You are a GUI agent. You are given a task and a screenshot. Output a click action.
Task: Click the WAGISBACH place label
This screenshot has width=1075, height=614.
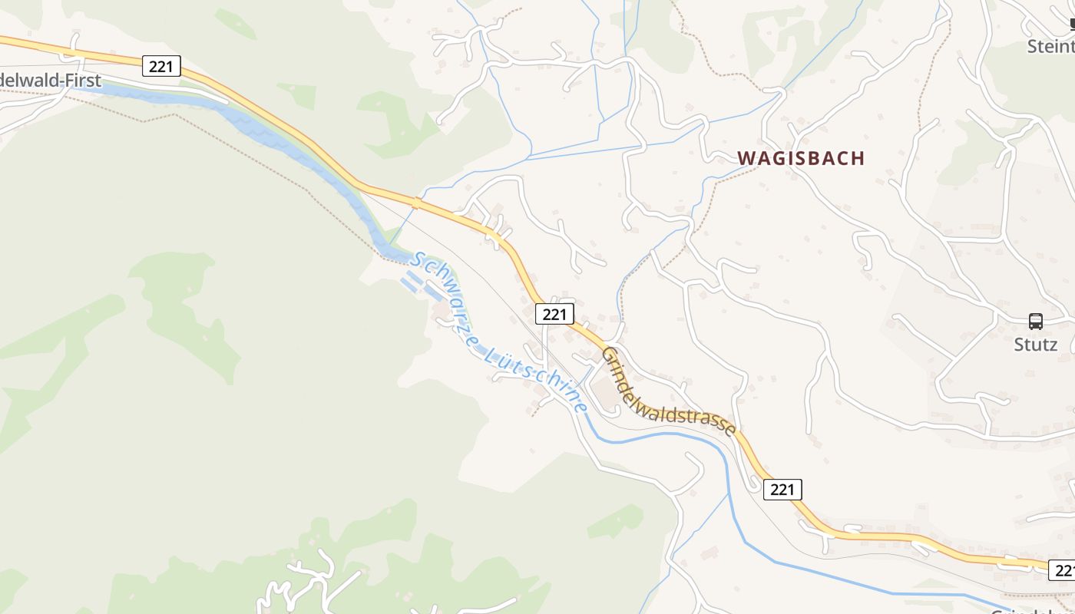801,158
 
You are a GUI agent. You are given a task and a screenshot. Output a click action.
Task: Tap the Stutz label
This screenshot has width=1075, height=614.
1036,345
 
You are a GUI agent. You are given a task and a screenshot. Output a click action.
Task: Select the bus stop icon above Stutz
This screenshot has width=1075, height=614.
1036,322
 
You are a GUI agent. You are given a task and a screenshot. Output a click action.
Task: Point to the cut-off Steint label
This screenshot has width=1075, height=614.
1051,47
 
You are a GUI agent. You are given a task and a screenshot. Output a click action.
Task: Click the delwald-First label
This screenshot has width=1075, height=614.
50,81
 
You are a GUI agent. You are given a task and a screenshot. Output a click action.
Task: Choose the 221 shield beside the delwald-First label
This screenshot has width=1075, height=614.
161,66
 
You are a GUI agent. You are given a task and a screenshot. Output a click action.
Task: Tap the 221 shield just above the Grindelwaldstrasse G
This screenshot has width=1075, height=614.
554,313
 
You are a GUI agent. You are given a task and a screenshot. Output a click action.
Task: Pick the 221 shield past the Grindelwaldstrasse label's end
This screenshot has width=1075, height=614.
782,489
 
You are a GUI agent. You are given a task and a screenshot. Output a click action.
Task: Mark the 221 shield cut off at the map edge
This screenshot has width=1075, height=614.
1062,569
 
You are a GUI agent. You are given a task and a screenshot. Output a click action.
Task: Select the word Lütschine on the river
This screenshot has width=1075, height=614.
537,378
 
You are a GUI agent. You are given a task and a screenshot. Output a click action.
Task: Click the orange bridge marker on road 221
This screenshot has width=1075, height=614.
417,203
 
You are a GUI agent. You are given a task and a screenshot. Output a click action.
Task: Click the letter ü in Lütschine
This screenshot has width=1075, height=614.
503,354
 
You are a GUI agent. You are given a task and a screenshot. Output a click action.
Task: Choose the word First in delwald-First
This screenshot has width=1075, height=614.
84,81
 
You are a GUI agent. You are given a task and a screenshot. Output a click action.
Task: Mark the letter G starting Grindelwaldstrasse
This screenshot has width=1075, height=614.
610,355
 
